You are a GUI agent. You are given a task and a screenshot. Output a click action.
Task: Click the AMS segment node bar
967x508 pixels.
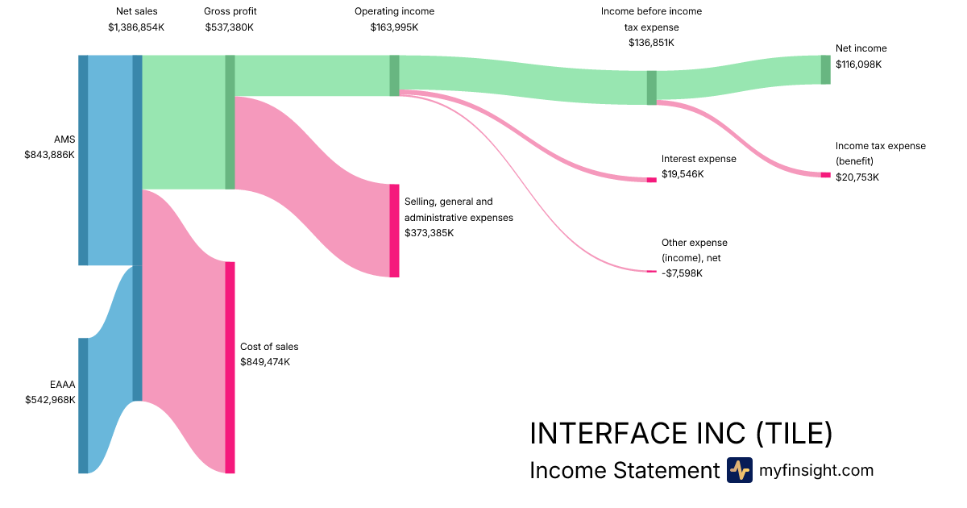[83, 160]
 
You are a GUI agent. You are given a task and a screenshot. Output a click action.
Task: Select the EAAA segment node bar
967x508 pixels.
[83, 406]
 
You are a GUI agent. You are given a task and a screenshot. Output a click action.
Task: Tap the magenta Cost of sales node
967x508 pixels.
[230, 367]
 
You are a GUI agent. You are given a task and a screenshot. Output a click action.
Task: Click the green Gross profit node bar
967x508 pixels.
[230, 122]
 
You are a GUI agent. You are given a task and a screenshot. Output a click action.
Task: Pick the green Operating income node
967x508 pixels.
[394, 75]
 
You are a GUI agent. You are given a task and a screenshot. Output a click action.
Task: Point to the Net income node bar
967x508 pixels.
[825, 69]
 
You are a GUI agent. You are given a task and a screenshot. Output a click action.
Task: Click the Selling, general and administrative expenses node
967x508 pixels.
[394, 231]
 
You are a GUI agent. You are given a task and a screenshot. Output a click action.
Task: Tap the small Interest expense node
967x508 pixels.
[651, 179]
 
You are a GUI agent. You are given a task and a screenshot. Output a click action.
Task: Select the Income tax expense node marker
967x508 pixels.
[825, 175]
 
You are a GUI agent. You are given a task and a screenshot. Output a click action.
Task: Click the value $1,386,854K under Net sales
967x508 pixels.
[137, 27]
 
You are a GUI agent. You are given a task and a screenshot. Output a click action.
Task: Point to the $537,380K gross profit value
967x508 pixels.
[230, 27]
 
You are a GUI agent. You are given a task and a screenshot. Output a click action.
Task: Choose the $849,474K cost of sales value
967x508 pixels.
[265, 362]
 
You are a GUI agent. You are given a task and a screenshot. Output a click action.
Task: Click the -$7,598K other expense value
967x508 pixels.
[682, 273]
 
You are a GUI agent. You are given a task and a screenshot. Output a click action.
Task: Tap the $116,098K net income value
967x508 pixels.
[858, 64]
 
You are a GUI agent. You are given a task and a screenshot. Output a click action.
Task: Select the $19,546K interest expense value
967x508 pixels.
[683, 174]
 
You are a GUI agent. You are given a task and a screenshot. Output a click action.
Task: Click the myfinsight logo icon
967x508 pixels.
[739, 470]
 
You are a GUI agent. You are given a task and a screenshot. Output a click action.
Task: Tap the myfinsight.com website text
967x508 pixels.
[816, 470]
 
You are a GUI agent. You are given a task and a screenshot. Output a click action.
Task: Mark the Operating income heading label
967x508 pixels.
[394, 11]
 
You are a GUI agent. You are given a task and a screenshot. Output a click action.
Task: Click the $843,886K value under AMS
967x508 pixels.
[50, 154]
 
